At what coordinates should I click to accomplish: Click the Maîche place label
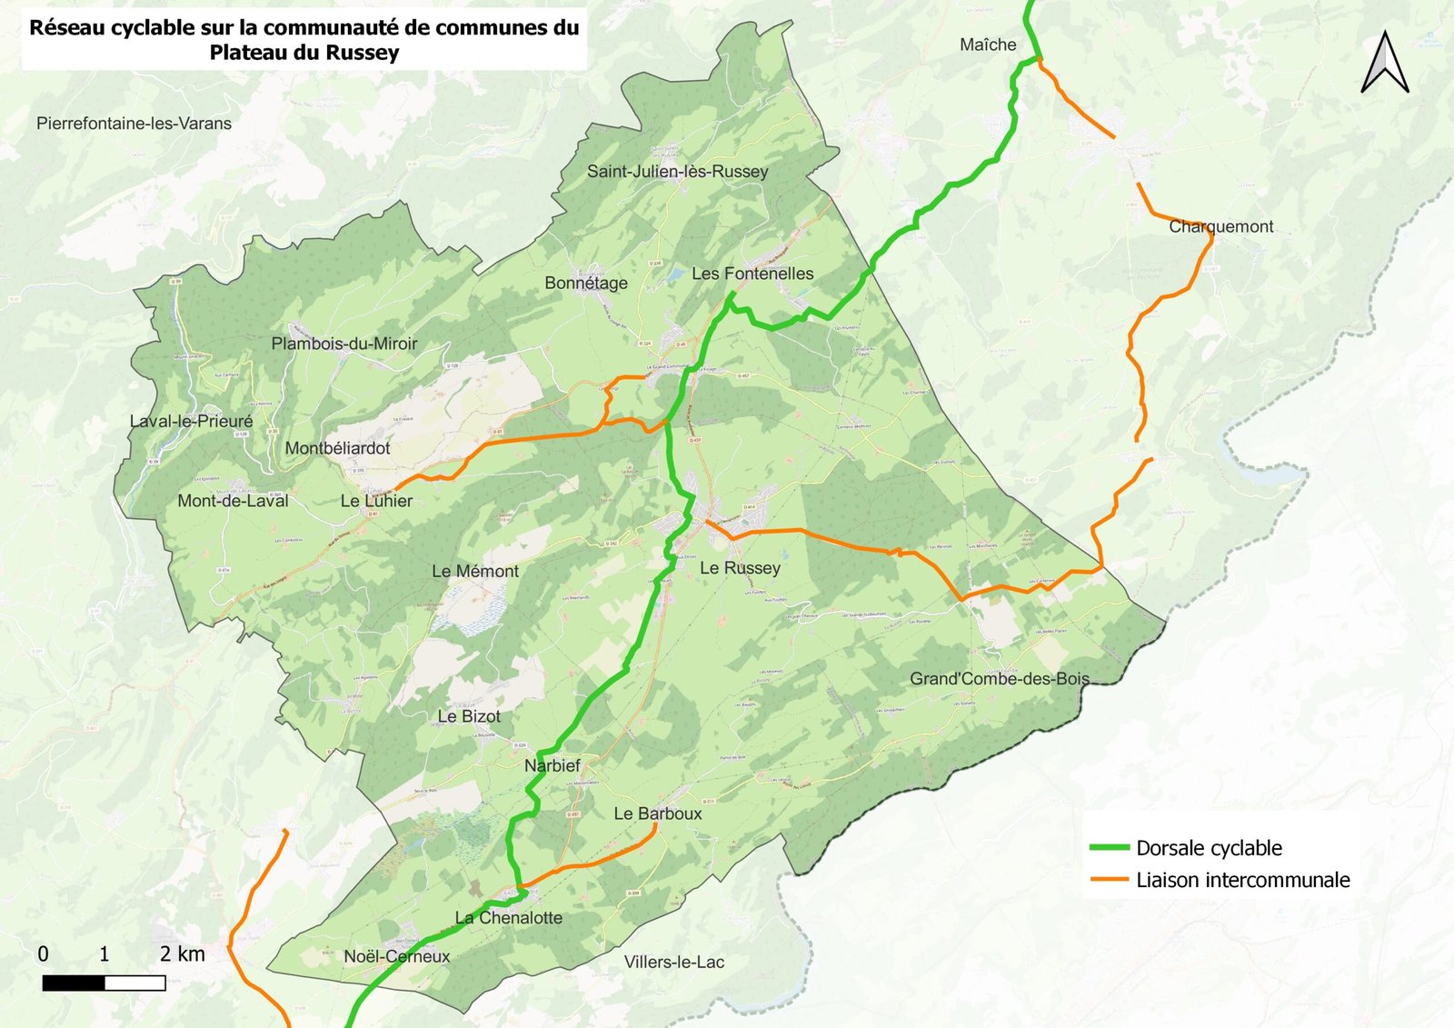click(x=988, y=45)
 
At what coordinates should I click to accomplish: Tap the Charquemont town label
click(x=1220, y=226)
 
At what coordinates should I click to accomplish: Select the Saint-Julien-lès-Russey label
click(x=677, y=171)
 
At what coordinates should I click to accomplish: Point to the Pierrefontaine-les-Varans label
click(x=134, y=124)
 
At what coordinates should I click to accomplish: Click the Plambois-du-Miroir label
click(x=344, y=344)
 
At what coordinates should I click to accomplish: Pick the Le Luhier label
click(x=376, y=501)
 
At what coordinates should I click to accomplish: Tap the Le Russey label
click(x=740, y=568)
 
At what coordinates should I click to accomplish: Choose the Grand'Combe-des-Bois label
click(x=1000, y=678)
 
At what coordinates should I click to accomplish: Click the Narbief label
click(x=552, y=765)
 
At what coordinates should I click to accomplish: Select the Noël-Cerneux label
click(x=396, y=956)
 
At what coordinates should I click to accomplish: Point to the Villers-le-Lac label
click(x=673, y=962)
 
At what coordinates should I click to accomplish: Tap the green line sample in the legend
click(x=1109, y=847)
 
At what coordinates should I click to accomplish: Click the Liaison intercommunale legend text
click(x=1242, y=880)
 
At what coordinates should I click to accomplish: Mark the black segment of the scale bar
click(x=74, y=983)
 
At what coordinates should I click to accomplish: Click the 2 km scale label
click(x=182, y=953)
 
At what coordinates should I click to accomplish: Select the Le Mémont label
click(x=475, y=571)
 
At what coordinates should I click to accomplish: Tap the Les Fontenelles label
click(x=752, y=274)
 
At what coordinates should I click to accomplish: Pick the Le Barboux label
click(x=657, y=813)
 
